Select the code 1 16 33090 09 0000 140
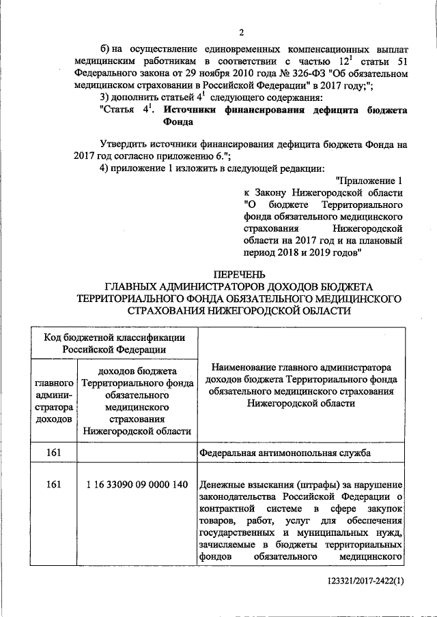pos(137,485)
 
